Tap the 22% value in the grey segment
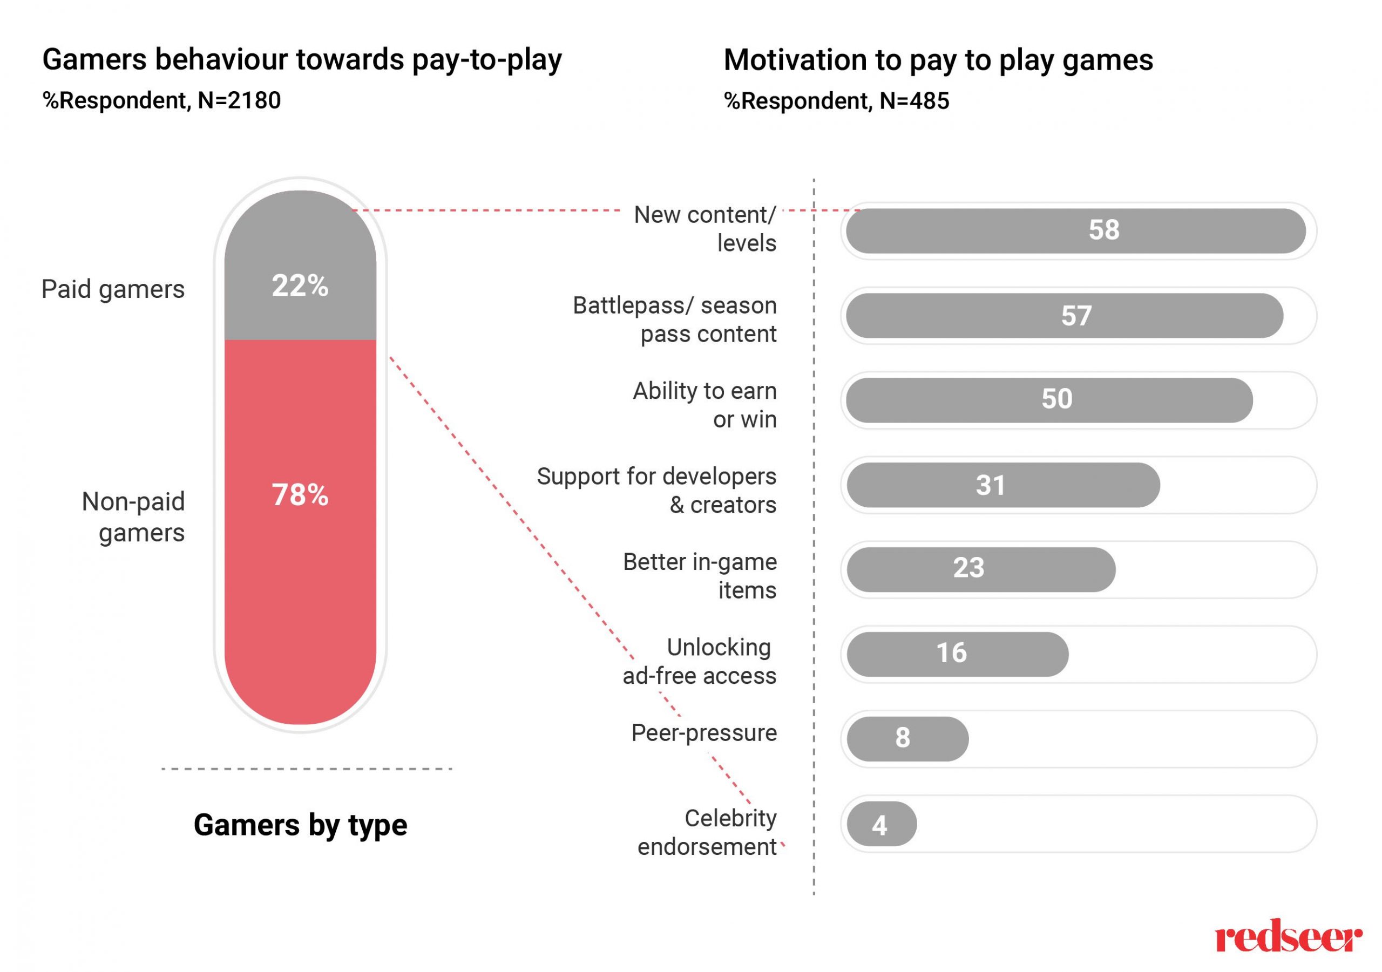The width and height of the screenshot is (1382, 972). (x=300, y=286)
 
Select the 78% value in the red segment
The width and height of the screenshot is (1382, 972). (x=300, y=495)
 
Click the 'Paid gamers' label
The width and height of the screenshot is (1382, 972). (x=113, y=289)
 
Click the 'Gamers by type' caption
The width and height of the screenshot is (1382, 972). (x=300, y=825)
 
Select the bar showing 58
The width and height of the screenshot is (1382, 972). (x=1075, y=230)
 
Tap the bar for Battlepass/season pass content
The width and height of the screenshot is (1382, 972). (x=1063, y=316)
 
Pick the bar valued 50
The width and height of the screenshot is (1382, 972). (x=1048, y=399)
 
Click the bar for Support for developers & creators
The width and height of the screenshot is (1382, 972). (x=1003, y=485)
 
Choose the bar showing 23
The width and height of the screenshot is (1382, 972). (x=980, y=569)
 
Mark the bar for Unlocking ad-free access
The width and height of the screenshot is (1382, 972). (x=957, y=654)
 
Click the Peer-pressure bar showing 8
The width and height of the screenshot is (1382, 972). (x=907, y=738)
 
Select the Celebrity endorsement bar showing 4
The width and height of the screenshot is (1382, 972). (x=881, y=824)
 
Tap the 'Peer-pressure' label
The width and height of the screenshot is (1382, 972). (x=703, y=733)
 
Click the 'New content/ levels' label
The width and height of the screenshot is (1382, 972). (x=705, y=229)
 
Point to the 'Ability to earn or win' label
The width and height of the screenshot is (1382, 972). (x=704, y=405)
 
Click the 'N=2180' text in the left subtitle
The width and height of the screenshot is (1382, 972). (x=239, y=100)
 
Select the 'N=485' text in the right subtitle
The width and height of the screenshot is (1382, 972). (x=914, y=101)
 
